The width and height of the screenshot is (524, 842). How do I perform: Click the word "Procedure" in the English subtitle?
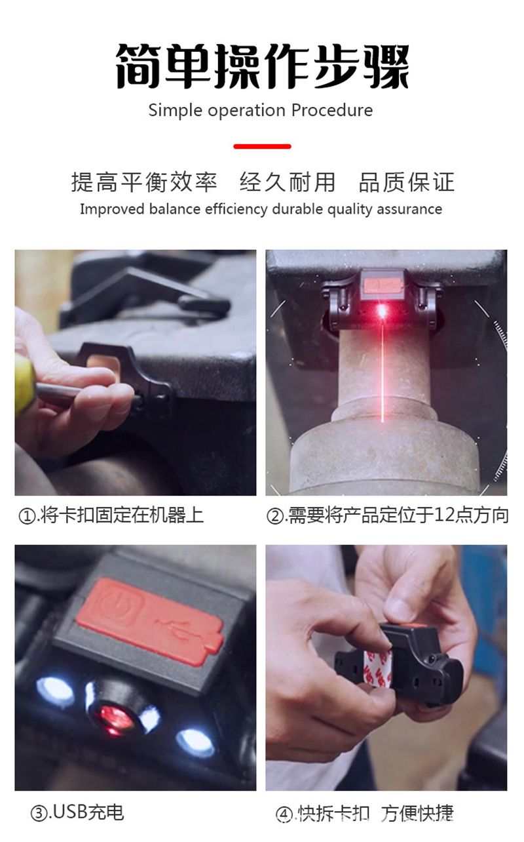click(332, 111)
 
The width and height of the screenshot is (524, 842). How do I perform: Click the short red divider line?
click(262, 146)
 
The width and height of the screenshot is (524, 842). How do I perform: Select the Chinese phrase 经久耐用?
click(287, 182)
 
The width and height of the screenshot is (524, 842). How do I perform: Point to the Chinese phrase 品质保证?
click(407, 182)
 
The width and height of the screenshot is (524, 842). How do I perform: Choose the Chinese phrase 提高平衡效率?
click(145, 182)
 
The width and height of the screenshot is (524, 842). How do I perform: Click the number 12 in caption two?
click(445, 515)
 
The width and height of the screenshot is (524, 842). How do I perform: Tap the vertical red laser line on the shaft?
click(383, 371)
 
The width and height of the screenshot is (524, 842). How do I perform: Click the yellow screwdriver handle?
click(24, 384)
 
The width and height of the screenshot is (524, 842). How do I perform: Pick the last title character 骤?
click(386, 66)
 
